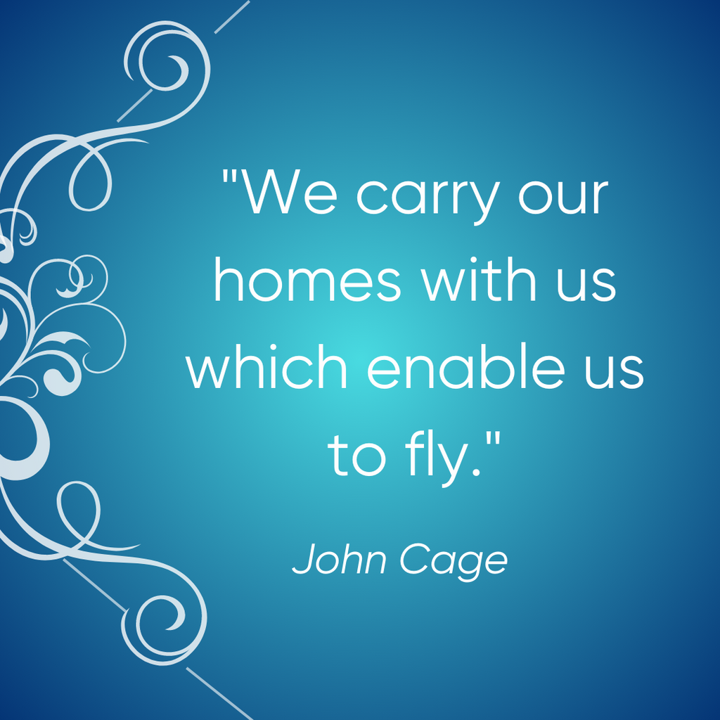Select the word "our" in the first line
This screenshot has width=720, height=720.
[x=563, y=195]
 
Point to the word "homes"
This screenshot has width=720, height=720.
[x=308, y=278]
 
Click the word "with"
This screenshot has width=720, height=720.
[x=479, y=278]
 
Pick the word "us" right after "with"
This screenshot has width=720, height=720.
[x=586, y=283]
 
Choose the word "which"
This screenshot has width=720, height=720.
[x=266, y=366]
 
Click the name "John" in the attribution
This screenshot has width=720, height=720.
[x=339, y=559]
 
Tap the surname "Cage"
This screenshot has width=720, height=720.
[x=454, y=562]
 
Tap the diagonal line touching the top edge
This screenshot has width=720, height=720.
[x=232, y=17]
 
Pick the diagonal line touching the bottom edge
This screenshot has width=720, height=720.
[x=220, y=694]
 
